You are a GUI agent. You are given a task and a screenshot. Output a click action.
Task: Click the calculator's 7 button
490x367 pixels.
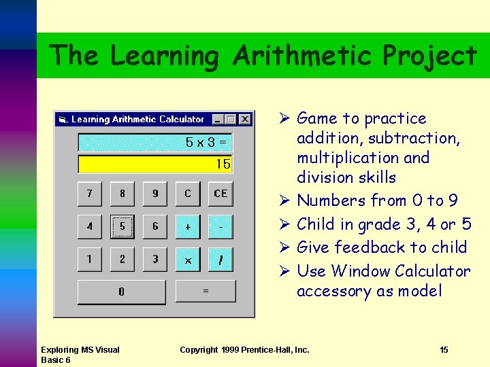coord(89,194)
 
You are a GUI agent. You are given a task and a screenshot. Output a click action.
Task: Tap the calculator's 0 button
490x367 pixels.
coord(121,292)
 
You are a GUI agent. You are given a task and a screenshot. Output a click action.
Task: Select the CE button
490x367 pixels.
coord(220,194)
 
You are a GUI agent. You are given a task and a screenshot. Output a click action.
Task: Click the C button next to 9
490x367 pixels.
coord(188,194)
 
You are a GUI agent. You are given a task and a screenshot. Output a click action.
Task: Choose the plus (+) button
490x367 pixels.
coord(188,226)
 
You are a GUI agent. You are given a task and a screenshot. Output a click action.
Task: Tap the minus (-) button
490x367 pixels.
coord(220,226)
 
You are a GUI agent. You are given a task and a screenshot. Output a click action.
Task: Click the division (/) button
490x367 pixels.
coord(220,259)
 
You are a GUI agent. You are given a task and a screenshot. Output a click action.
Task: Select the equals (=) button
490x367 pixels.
coord(205,291)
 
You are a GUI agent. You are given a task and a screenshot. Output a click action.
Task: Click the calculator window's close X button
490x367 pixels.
coord(244,119)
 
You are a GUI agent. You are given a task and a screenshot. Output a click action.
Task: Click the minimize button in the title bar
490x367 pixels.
coord(218,119)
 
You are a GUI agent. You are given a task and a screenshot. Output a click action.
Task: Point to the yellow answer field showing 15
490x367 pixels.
coord(156,164)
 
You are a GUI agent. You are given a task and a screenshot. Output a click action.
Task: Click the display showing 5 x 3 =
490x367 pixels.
coord(156,143)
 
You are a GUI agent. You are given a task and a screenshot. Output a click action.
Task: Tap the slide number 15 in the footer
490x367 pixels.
coord(444,350)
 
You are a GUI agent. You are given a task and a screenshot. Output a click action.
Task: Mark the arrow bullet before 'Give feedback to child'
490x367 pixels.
coord(285,248)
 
